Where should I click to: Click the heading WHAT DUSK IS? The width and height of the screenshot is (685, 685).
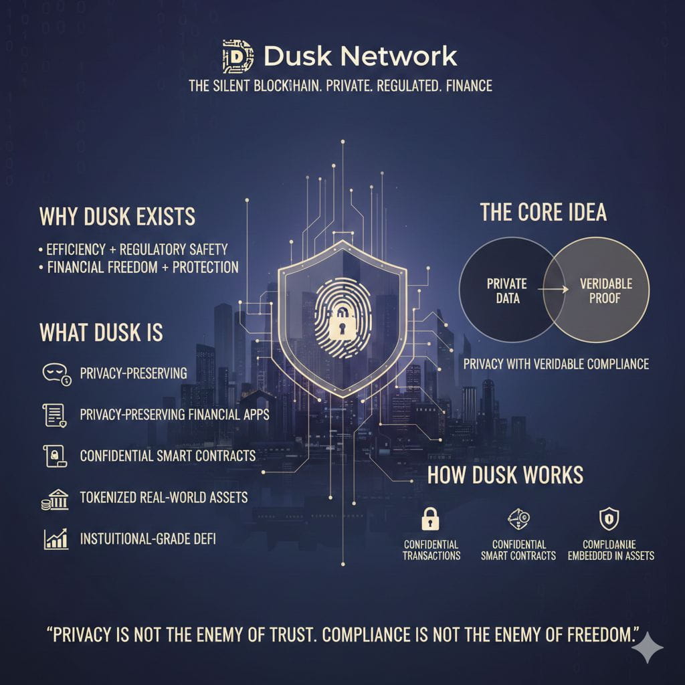click(101, 332)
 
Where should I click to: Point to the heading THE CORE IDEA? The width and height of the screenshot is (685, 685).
click(543, 212)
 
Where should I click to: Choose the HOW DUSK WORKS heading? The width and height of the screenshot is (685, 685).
click(505, 475)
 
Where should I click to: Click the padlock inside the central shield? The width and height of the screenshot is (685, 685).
click(342, 324)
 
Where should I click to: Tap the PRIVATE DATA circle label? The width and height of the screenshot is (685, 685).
click(506, 291)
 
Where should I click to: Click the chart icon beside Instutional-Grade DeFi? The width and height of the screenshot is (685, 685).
click(55, 539)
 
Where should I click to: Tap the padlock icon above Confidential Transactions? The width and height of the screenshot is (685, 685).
click(429, 518)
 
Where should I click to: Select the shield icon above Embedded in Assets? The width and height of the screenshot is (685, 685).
click(609, 518)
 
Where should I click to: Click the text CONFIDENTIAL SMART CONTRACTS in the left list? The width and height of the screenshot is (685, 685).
click(167, 456)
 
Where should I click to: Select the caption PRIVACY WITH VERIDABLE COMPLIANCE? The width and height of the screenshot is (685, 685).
click(556, 364)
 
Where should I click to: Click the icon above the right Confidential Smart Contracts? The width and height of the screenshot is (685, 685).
click(518, 518)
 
